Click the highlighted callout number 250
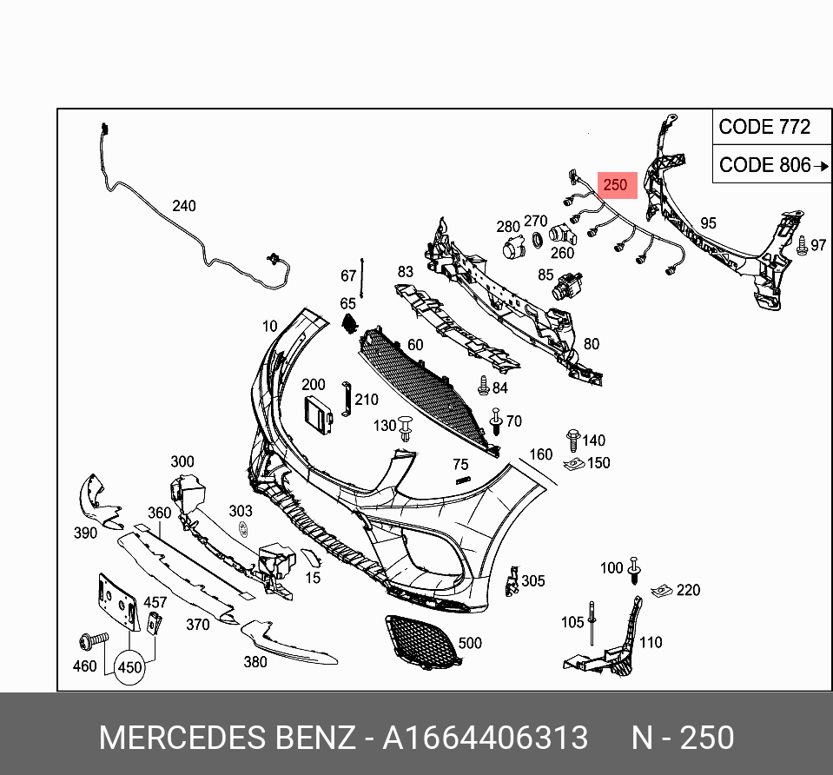click(615, 184)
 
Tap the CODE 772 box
click(764, 127)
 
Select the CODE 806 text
click(764, 165)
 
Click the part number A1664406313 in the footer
click(486, 738)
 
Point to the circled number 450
click(129, 667)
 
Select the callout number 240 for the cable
click(183, 206)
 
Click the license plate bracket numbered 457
click(155, 622)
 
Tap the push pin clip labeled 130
click(407, 427)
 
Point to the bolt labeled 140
click(572, 438)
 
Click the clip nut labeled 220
click(663, 590)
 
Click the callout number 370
click(198, 624)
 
